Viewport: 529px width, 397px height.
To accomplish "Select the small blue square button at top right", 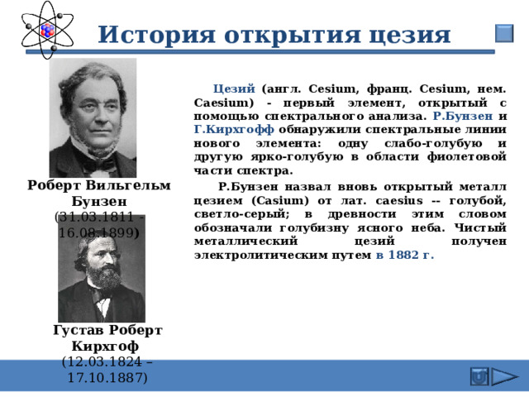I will pos(503,34).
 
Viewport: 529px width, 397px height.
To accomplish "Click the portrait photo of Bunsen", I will pos(93,117).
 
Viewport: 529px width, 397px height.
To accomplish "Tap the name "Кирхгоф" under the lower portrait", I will pos(107,345).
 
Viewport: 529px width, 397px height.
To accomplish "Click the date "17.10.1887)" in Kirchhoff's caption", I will pos(107,377).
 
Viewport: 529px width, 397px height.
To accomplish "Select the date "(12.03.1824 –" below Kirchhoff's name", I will pos(107,361).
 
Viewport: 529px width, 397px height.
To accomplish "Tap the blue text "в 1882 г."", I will pos(404,256).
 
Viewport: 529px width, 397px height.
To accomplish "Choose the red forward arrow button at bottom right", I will pos(503,377).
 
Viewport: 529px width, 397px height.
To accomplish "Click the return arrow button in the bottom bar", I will pos(478,377).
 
